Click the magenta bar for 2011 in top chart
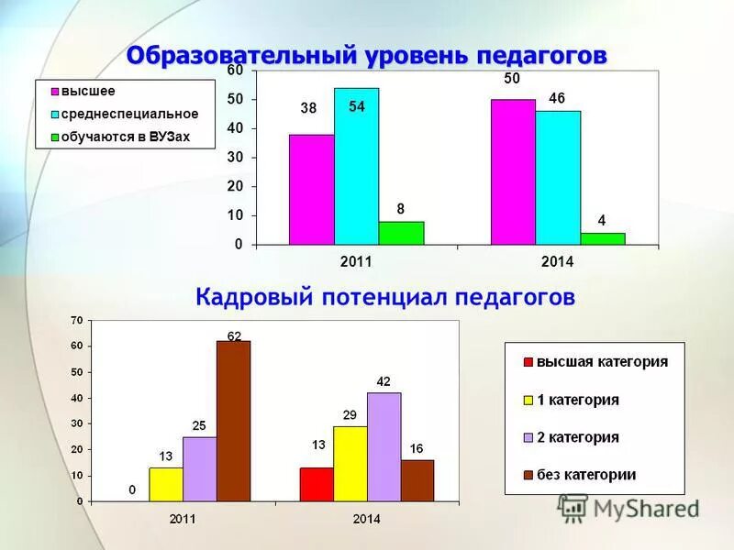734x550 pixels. point(311,190)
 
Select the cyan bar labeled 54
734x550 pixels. point(356,167)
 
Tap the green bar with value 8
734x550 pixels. point(401,233)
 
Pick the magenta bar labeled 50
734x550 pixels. point(513,172)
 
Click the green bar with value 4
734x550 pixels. point(603,238)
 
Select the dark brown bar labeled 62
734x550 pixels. point(233,421)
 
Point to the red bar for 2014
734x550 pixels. point(317,484)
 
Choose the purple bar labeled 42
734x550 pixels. point(384,446)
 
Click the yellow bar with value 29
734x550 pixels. point(350,463)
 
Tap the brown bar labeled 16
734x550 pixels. point(417,480)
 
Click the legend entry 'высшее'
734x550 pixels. point(88,92)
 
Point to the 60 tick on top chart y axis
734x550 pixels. point(235,71)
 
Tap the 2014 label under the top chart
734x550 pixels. point(557,262)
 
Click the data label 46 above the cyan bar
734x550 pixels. point(557,98)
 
